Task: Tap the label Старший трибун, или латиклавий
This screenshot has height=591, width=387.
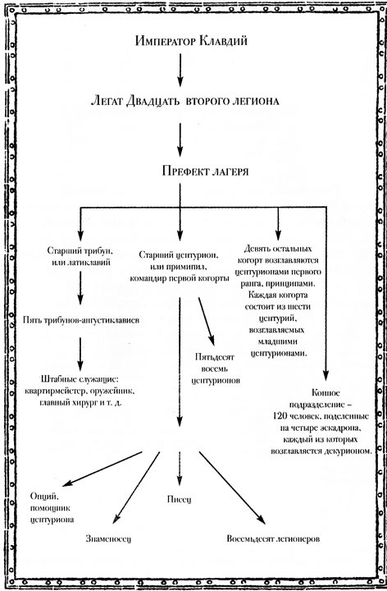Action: point(80,255)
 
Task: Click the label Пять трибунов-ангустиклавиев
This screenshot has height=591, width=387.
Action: point(80,318)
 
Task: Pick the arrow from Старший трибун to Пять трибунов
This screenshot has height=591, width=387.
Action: point(80,286)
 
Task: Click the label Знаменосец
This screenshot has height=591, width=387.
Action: point(107,539)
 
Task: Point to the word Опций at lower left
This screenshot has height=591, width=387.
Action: point(48,497)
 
